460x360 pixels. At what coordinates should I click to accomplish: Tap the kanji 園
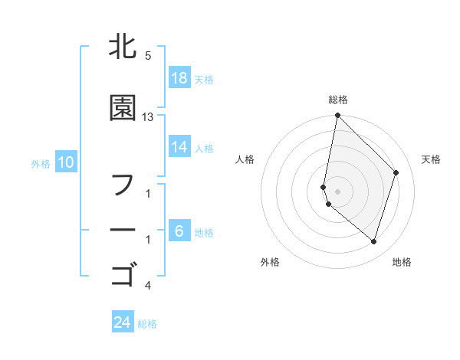pos(123,109)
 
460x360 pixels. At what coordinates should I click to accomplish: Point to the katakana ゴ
pos(123,273)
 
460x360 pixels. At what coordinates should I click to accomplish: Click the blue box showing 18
pos(179,78)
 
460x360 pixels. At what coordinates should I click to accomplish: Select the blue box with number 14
pos(179,148)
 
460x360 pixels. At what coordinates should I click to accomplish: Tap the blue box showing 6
pos(179,231)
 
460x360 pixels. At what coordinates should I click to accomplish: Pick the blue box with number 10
pos(66,162)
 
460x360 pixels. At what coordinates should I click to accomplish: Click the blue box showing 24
pos(123,322)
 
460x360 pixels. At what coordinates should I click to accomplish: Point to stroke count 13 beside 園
pos(148,117)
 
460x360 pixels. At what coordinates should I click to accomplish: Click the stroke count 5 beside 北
pos(148,56)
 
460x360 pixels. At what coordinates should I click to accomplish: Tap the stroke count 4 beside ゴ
pos(148,286)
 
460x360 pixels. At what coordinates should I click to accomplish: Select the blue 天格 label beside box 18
pos(204,79)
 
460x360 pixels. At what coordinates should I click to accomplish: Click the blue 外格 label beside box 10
pos(41,163)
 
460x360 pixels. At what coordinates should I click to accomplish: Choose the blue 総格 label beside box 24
pos(147,323)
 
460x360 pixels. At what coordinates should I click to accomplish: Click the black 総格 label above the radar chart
pos(337,100)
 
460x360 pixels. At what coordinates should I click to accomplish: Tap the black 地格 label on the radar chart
pos(402,262)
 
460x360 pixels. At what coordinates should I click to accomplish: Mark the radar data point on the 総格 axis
pos(337,116)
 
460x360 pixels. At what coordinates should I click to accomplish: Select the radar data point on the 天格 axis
pos(396,172)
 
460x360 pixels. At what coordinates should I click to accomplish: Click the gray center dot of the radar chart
pos(337,191)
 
